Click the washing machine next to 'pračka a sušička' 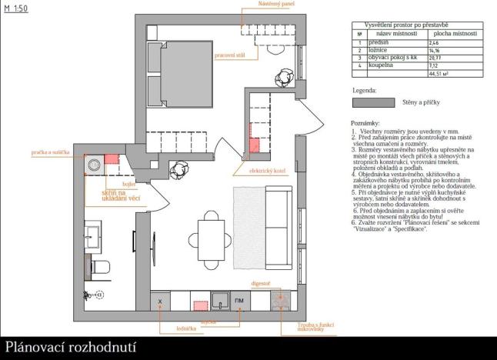pos(95,164)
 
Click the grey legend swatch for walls pos(372,102)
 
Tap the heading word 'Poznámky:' pos(365,122)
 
